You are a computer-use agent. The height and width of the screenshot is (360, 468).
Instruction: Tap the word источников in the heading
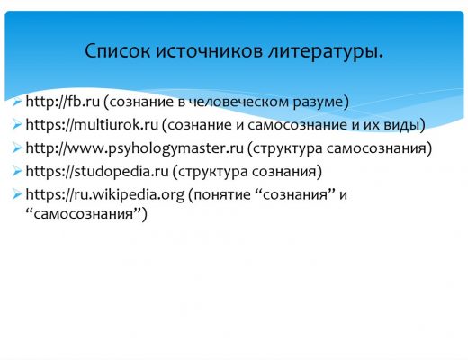(x=209, y=50)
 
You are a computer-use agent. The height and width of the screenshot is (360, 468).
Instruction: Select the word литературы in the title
(x=323, y=52)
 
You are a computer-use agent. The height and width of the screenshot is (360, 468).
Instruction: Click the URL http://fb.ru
(x=62, y=102)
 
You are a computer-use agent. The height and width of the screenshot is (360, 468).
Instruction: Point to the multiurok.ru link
(x=92, y=124)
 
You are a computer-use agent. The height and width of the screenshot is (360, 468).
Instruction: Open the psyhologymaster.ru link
(x=134, y=148)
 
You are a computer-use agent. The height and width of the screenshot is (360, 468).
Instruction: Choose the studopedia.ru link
(x=97, y=171)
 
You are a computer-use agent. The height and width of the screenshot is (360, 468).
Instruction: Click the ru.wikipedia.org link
(x=105, y=194)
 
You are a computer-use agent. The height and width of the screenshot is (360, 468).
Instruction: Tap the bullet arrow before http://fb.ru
(x=17, y=102)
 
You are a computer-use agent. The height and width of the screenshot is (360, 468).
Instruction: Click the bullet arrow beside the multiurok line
(x=17, y=125)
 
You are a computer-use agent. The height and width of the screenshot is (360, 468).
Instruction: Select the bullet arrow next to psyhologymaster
(x=17, y=148)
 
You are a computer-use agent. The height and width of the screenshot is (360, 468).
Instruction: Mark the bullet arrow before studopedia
(x=17, y=172)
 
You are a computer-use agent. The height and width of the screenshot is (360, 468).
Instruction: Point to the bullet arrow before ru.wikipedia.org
(x=17, y=195)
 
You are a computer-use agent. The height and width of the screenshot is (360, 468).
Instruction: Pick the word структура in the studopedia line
(x=213, y=173)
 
